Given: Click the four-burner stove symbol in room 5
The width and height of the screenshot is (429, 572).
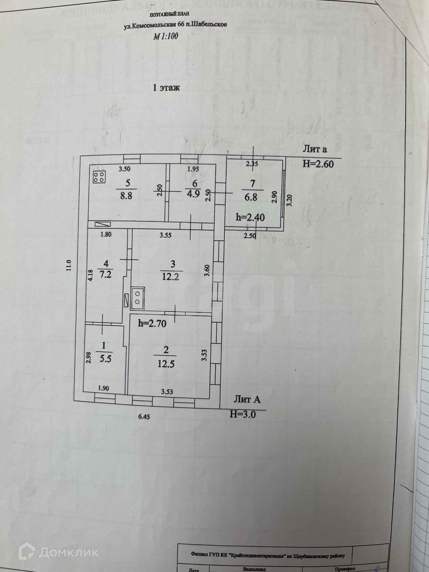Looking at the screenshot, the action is pyautogui.click(x=99, y=177).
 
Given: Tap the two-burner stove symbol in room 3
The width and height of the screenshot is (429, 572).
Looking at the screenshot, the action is pyautogui.click(x=138, y=297).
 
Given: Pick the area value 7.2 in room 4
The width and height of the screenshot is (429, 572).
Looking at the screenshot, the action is pyautogui.click(x=105, y=274).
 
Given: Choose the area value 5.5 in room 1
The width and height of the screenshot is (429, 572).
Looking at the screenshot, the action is pyautogui.click(x=105, y=359).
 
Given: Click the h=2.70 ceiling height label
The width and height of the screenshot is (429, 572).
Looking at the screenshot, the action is pyautogui.click(x=152, y=324).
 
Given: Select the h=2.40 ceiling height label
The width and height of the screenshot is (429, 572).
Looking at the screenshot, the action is pyautogui.click(x=250, y=217).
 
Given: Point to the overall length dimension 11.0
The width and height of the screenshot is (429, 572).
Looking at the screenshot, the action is pyautogui.click(x=69, y=265).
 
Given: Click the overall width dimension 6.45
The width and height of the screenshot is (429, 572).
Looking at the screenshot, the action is pyautogui.click(x=144, y=417).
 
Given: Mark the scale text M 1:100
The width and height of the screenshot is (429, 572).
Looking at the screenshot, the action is pyautogui.click(x=166, y=36).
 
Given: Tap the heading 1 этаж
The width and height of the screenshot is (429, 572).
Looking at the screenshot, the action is pyautogui.click(x=166, y=88).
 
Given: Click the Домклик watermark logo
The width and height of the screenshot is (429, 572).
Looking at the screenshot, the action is pyautogui.click(x=58, y=552).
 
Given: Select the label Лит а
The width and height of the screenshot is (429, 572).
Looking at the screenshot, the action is pyautogui.click(x=315, y=149).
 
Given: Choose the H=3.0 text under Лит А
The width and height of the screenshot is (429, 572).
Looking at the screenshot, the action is pyautogui.click(x=243, y=414).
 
